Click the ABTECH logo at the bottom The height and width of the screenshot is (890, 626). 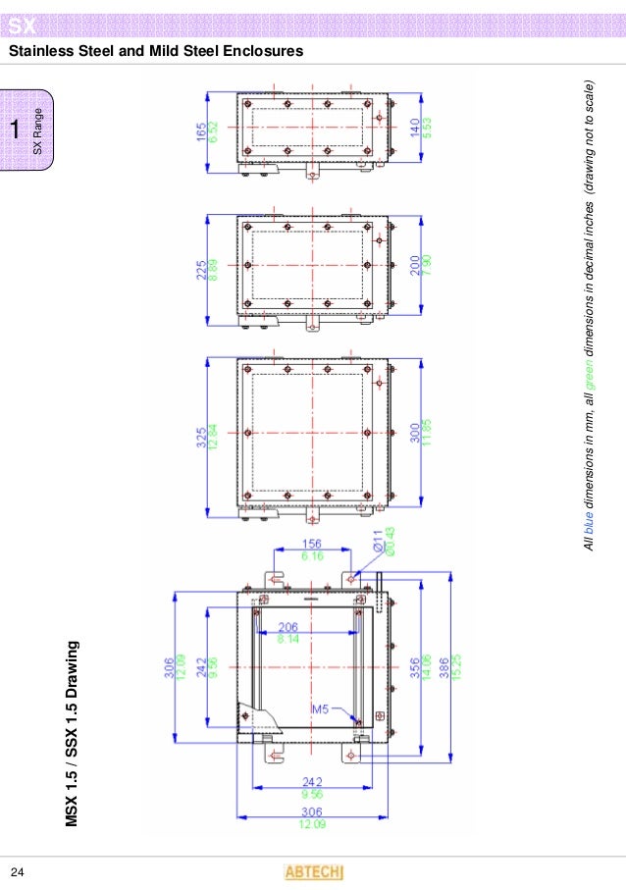coord(313,871)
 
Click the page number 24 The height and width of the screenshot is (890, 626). coord(17,871)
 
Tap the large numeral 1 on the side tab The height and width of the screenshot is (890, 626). coord(15,130)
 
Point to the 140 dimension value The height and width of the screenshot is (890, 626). coord(415,127)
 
